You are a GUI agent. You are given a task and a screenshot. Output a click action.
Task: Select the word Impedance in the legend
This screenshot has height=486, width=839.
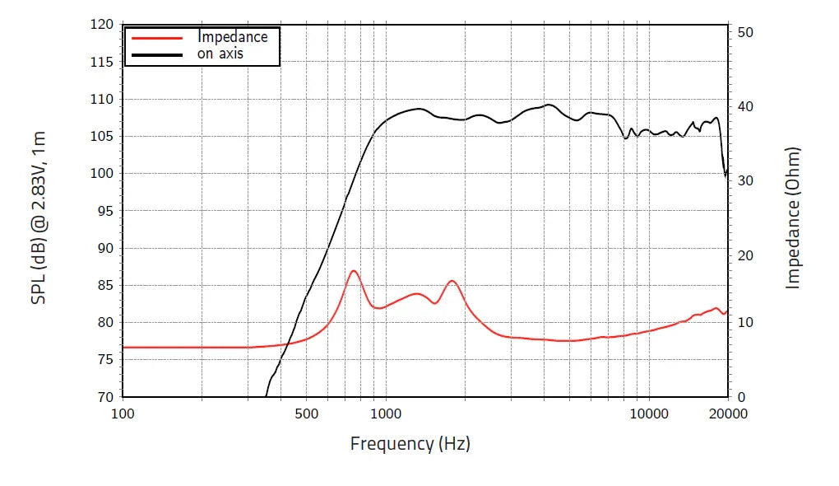coord(232,37)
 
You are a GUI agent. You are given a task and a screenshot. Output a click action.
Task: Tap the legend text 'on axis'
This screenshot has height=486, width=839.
coord(220,54)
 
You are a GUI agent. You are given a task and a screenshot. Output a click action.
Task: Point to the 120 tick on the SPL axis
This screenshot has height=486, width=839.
coord(101,25)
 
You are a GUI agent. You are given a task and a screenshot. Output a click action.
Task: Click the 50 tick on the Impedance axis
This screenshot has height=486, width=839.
coord(746,32)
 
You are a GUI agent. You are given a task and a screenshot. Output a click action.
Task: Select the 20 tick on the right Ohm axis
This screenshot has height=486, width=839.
coord(746,256)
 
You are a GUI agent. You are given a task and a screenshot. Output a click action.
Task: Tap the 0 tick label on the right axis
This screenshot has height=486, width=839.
coord(742,397)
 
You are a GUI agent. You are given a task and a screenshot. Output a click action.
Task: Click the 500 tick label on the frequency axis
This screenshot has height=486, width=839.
coord(306,414)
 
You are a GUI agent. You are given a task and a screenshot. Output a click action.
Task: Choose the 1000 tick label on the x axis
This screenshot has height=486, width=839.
coord(385,414)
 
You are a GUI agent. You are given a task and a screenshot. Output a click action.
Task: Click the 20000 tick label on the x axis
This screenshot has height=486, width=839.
coord(728,414)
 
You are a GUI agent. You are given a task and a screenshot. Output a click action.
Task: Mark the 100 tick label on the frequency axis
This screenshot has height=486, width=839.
coord(123,414)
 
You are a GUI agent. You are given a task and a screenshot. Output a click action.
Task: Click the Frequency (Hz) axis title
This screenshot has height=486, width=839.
coord(410,444)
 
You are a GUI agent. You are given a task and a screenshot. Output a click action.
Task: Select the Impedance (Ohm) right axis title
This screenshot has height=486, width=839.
coord(793,217)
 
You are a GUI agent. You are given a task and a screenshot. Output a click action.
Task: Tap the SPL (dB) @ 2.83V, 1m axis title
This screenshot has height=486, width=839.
coord(39,217)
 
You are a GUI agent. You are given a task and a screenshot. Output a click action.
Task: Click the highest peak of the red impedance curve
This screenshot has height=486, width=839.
coord(354,270)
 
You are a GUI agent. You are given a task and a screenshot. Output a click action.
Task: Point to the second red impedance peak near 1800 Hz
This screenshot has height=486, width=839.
coord(452,281)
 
